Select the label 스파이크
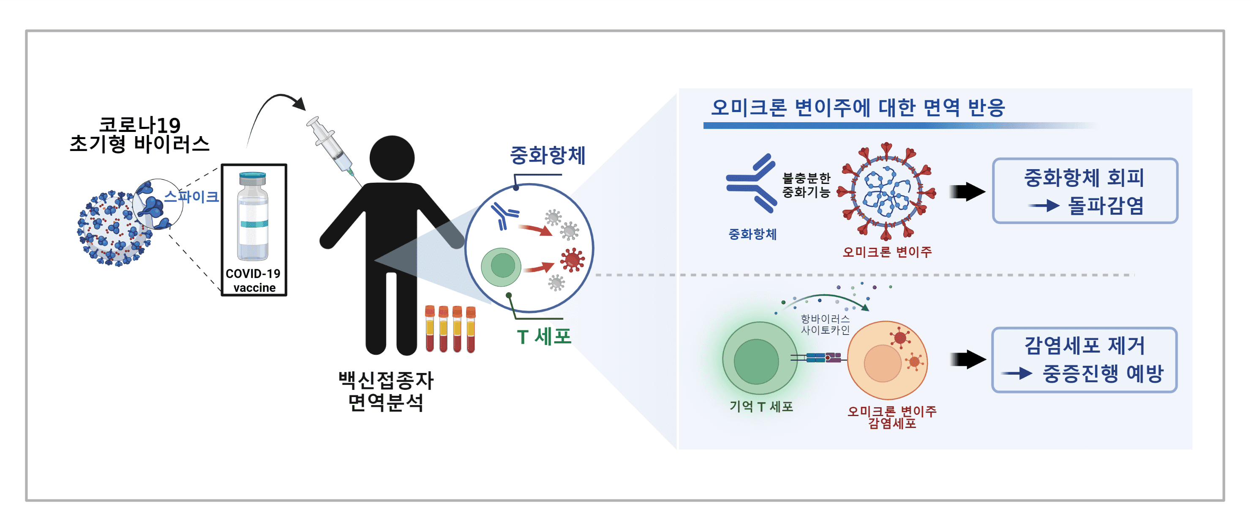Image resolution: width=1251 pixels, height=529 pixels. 191,197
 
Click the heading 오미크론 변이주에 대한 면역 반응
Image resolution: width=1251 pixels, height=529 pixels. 858,107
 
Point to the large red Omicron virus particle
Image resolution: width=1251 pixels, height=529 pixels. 887,192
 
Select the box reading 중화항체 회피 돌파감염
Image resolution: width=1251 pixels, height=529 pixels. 1085,191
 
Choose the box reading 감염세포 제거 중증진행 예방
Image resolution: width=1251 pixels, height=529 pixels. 1084,360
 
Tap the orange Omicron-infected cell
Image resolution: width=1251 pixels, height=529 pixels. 887,360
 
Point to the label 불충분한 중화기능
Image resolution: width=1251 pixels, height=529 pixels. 806,185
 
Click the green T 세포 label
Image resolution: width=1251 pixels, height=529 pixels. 544,337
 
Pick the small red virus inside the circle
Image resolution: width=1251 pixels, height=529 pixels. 572,260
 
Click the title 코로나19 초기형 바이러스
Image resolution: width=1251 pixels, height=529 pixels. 139,134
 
